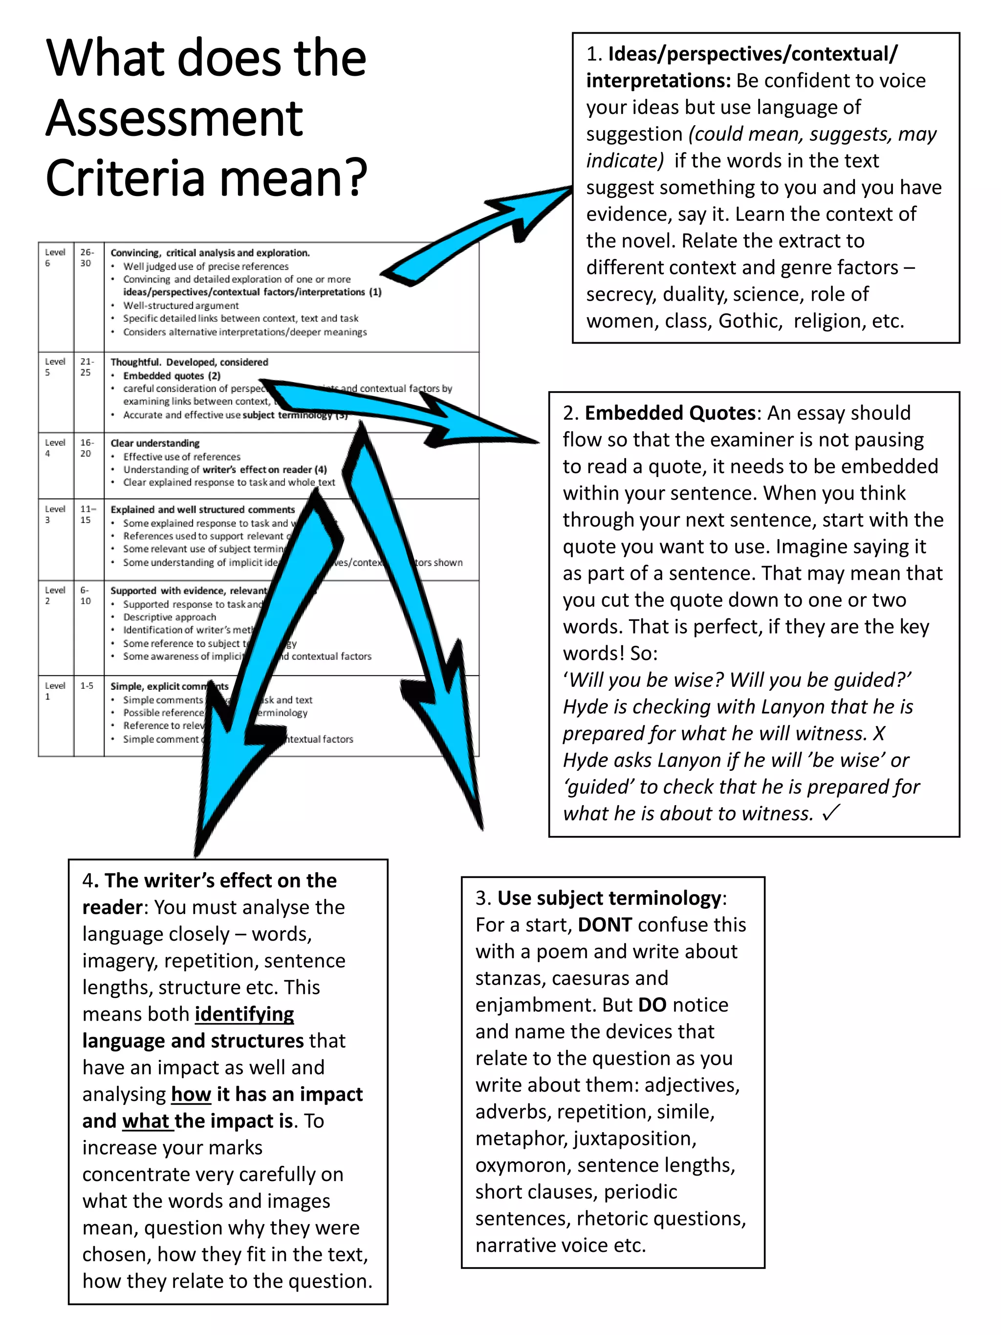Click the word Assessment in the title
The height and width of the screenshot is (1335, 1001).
174,118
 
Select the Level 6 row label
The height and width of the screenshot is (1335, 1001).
55,258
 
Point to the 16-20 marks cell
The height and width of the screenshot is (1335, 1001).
87,448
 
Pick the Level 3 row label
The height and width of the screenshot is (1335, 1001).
55,514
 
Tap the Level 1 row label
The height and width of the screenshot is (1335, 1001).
55,690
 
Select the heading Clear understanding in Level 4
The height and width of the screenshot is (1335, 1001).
155,443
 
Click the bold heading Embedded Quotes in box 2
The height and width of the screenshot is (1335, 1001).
670,413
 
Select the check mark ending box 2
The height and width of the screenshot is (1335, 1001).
831,813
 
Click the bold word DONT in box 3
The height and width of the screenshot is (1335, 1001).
605,924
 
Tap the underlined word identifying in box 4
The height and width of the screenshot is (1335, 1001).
244,1014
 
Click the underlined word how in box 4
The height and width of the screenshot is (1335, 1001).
191,1094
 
